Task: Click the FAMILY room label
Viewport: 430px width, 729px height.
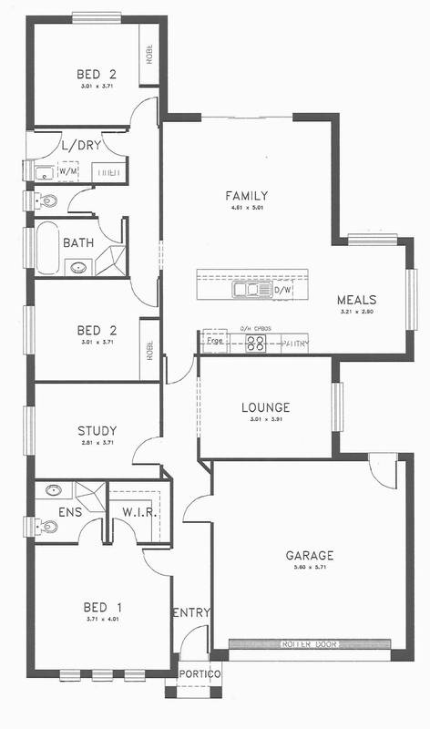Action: tap(247, 195)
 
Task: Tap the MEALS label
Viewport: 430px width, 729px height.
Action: tap(356, 300)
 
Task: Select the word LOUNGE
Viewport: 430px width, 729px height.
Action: tap(266, 407)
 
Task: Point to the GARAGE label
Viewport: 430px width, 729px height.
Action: tap(309, 555)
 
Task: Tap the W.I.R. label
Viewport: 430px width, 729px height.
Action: tap(141, 512)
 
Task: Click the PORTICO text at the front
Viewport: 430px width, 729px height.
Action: tap(199, 674)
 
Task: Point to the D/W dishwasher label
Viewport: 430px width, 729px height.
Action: tap(282, 291)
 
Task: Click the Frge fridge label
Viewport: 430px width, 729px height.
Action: tap(215, 340)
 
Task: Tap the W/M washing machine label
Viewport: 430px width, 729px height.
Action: tap(68, 170)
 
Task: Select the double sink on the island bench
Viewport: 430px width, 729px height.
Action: tap(247, 291)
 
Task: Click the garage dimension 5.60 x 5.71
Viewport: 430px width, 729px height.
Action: tap(309, 569)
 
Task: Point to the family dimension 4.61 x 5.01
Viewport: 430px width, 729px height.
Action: tap(247, 209)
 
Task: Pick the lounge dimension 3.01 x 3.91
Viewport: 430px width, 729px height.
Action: tap(266, 420)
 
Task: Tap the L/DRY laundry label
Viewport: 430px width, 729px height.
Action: tap(81, 145)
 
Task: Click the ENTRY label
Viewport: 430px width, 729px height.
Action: tap(191, 612)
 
